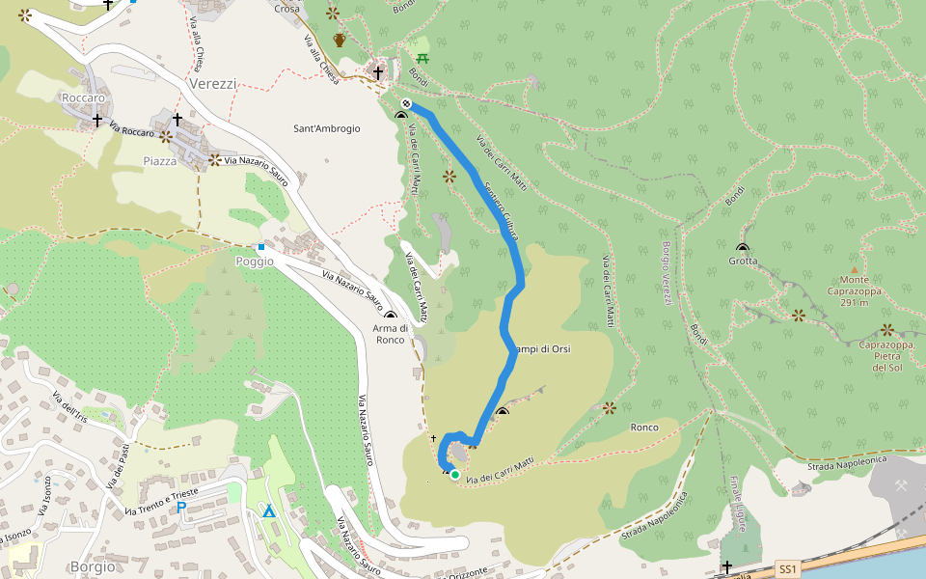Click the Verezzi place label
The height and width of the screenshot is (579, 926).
point(213,84)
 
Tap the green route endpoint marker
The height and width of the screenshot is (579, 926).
point(454,474)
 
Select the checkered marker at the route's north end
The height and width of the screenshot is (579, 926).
point(407,103)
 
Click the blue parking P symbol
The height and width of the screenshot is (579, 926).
point(180,507)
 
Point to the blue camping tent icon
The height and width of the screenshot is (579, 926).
point(269,510)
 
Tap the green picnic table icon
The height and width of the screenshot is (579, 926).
point(422,58)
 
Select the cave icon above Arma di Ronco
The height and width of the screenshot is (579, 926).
point(391,316)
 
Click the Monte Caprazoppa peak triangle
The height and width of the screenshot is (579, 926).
point(854,269)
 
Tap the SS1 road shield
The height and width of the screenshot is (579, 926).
point(788,569)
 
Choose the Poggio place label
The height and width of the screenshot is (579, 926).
point(255,262)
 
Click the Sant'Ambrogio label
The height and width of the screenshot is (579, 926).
point(327,128)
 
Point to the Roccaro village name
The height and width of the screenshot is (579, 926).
point(82,98)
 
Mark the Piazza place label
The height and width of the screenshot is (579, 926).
point(160,161)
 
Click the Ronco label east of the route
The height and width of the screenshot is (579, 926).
point(643,427)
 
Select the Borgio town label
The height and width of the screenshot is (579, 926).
point(93,566)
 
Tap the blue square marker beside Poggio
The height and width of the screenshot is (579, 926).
point(260,247)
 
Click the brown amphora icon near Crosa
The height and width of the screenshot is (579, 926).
point(340,40)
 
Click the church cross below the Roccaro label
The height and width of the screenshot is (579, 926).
point(97,120)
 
